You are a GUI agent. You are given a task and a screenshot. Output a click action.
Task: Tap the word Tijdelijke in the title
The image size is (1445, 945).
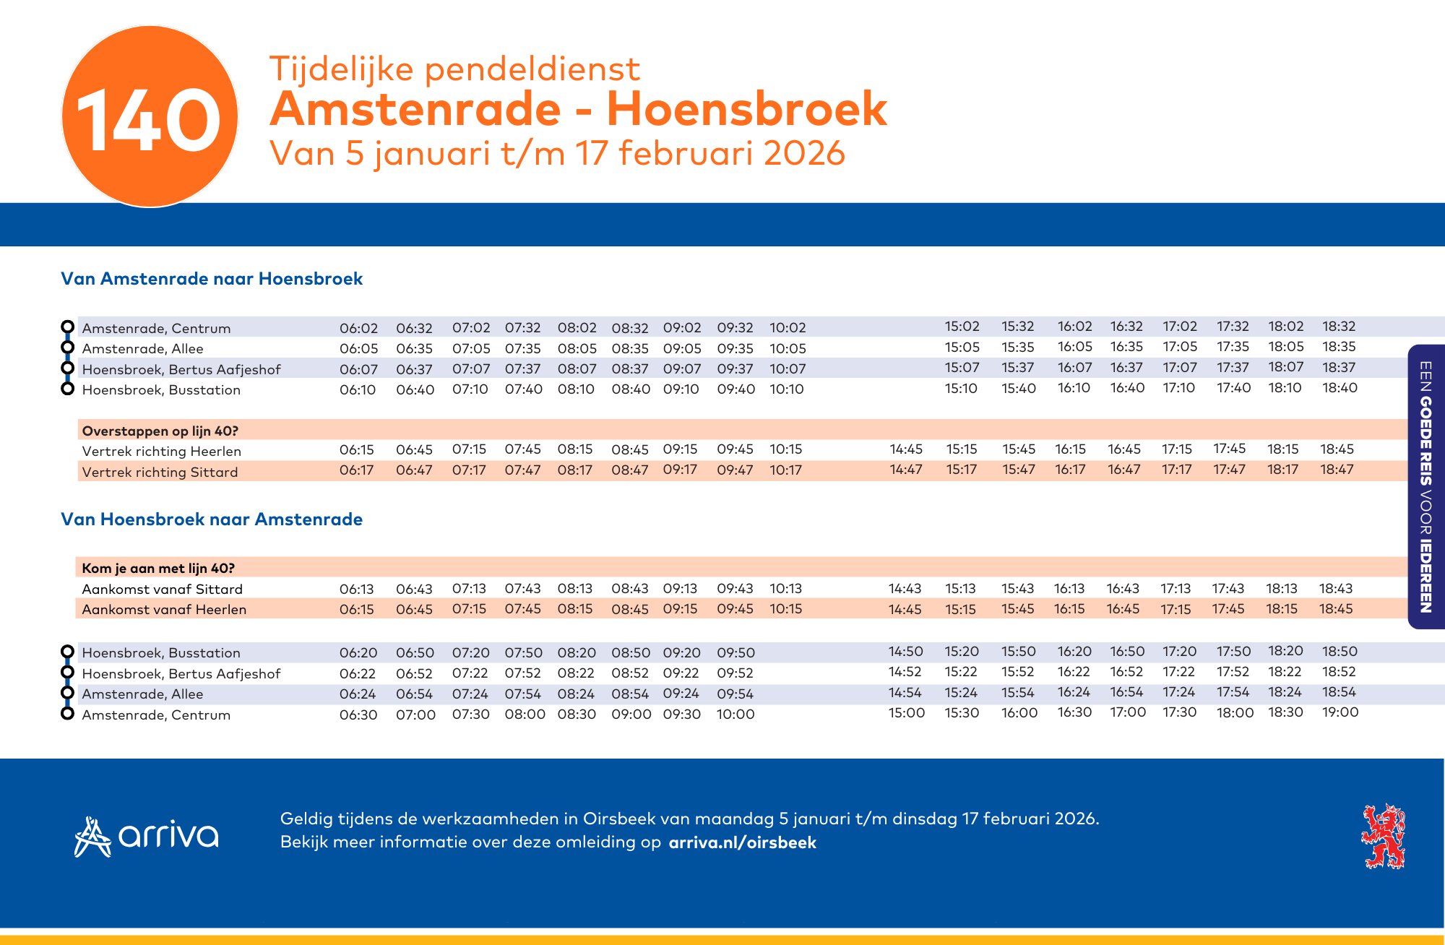[342, 69]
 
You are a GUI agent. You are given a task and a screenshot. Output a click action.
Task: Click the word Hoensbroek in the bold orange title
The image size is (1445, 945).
[746, 109]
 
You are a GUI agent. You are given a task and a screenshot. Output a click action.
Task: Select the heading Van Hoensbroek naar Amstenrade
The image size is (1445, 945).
[212, 519]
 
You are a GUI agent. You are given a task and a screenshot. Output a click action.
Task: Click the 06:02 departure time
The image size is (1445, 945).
[359, 328]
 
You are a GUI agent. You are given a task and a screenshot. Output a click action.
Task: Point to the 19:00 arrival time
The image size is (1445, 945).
[1340, 712]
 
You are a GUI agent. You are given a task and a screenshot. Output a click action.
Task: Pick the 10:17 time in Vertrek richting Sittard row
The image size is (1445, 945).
[786, 470]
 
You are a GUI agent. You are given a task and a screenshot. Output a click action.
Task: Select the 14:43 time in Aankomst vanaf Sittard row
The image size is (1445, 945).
[905, 589]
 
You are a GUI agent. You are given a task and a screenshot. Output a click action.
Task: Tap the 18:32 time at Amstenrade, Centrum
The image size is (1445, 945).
[1340, 327]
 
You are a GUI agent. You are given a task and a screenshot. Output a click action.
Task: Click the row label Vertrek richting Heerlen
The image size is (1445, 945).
[162, 452]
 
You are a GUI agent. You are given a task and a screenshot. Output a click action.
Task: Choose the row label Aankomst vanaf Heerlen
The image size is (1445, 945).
[164, 610]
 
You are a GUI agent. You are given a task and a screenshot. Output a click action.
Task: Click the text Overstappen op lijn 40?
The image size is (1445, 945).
[160, 431]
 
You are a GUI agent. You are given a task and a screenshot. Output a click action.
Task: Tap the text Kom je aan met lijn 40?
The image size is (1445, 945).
[158, 569]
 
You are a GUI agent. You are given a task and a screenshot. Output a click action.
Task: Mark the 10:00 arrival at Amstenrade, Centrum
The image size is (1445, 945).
[736, 715]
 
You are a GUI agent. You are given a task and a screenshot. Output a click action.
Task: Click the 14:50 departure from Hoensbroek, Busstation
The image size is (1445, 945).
[906, 652]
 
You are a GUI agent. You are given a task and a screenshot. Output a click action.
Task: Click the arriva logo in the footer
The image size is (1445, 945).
[147, 837]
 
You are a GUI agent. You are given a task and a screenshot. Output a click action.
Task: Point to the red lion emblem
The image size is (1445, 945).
[1383, 837]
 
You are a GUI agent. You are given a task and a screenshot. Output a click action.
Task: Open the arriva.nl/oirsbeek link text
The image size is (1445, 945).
[743, 843]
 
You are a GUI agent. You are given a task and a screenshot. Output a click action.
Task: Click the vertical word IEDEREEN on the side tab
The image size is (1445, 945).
[1425, 575]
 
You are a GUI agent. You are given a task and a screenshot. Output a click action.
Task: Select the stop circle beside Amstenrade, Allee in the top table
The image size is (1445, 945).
[67, 348]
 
